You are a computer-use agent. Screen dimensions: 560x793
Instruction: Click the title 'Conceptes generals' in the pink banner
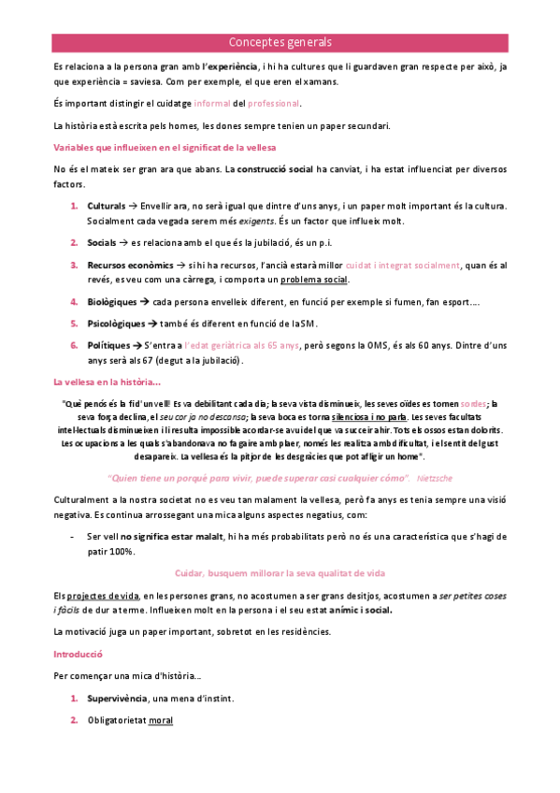(280, 43)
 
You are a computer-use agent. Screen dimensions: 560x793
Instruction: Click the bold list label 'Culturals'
(107, 206)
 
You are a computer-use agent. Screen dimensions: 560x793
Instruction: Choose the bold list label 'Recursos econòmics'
(128, 266)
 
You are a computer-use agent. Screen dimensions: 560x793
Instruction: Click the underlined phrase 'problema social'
(317, 281)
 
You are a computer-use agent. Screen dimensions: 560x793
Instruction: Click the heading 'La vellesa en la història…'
(107, 382)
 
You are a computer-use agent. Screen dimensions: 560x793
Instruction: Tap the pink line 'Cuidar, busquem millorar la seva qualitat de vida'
(280, 573)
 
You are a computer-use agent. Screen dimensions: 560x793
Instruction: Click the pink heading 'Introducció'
(78, 655)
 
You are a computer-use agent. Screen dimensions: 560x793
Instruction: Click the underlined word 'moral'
(161, 721)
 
